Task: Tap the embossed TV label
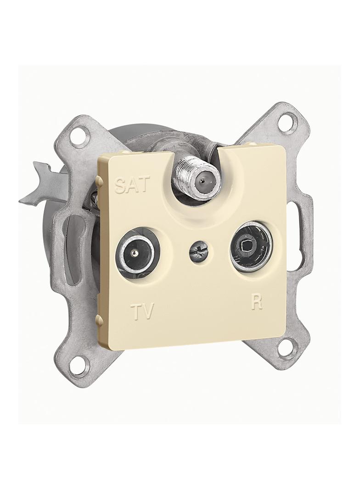142,311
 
